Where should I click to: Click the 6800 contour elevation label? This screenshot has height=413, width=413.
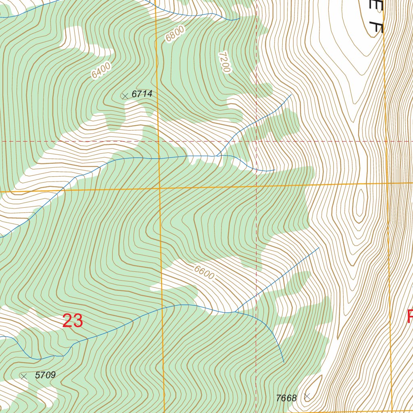pyautogui.click(x=175, y=33)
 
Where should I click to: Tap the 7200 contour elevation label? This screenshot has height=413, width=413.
pyautogui.click(x=224, y=62)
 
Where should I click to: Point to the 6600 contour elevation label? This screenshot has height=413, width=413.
pyautogui.click(x=204, y=273)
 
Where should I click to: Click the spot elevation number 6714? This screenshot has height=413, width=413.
pyautogui.click(x=142, y=94)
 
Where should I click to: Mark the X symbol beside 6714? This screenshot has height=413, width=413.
pyautogui.click(x=125, y=96)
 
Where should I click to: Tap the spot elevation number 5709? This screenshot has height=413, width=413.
pyautogui.click(x=45, y=375)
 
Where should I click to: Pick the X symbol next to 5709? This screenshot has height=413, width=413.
pyautogui.click(x=24, y=376)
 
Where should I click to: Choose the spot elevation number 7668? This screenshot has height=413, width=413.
pyautogui.click(x=286, y=398)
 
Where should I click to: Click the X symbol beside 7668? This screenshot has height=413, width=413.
pyautogui.click(x=307, y=396)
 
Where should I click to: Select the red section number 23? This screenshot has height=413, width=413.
pyautogui.click(x=73, y=321)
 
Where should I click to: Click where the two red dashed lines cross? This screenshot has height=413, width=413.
pyautogui.click(x=257, y=142)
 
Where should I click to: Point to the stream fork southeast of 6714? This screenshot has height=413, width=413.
pyautogui.click(x=218, y=156)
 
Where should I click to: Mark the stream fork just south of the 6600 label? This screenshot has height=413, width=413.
pyautogui.click(x=235, y=312)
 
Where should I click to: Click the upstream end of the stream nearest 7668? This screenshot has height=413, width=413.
pyautogui.click(x=284, y=362)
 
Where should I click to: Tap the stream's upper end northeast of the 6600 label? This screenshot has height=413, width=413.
pyautogui.click(x=319, y=248)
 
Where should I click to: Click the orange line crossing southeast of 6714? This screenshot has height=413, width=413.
pyautogui.click(x=159, y=188)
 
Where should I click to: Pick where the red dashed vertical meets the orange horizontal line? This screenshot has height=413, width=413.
pyautogui.click(x=257, y=186)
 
